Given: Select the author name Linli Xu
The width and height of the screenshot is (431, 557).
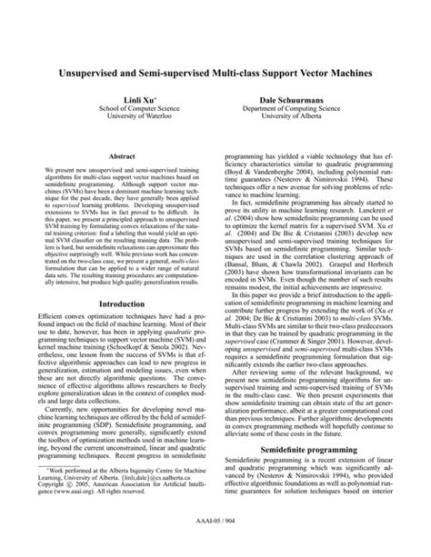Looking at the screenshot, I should coord(124,95).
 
